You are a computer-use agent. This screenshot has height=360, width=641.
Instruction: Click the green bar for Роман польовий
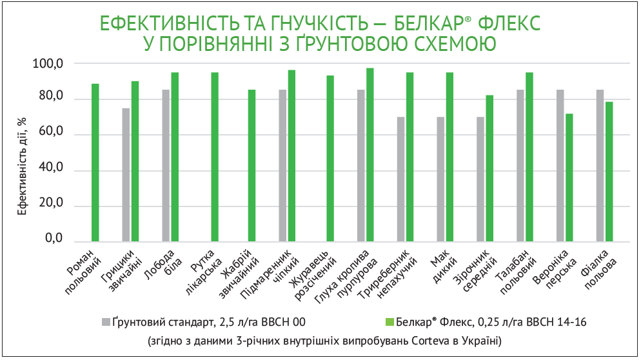click(x=95, y=162)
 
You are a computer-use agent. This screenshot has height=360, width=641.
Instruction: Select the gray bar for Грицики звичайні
click(x=126, y=174)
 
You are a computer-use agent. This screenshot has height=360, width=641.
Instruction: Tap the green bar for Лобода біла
click(x=175, y=156)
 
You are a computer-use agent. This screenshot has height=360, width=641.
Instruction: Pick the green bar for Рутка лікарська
click(x=215, y=156)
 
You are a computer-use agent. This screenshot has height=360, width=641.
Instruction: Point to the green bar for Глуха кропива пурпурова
click(x=370, y=154)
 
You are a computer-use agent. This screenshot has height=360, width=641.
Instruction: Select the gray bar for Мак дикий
click(x=440, y=178)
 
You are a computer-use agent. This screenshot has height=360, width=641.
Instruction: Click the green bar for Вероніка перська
click(x=569, y=177)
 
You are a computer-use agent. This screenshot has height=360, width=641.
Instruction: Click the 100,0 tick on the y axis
click(x=49, y=63)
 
